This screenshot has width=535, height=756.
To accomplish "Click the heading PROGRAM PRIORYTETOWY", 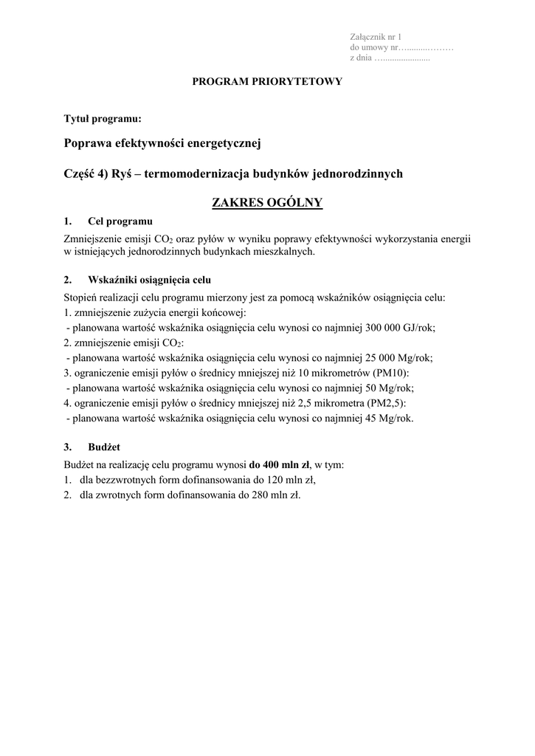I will click(267, 82).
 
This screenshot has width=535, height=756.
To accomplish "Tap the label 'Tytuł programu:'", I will click(103, 118).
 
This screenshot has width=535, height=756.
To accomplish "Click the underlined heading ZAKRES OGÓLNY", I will click(267, 202).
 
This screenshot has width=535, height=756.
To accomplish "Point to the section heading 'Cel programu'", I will click(120, 221).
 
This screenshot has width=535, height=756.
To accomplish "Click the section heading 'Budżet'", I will click(104, 447).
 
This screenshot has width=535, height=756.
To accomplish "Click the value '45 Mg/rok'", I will click(390, 418).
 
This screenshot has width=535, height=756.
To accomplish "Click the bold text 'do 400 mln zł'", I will click(279, 465).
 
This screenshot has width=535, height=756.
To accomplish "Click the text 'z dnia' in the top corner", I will click(361, 58).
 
